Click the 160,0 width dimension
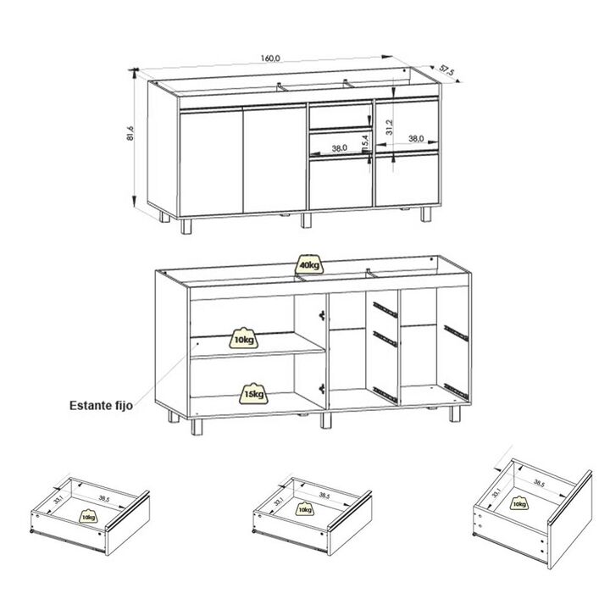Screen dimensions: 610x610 click(x=270, y=58)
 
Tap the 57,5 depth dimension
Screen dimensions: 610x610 click(x=446, y=71)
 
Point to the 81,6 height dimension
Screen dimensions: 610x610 click(x=130, y=133)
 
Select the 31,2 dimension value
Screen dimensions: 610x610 click(x=390, y=127)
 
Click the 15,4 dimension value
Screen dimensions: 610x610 click(x=364, y=143)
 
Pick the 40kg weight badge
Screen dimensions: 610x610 click(x=310, y=264)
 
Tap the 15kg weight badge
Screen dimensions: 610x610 click(x=253, y=394)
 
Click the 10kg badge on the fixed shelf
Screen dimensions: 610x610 click(x=243, y=338)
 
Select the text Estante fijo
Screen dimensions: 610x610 click(x=101, y=406)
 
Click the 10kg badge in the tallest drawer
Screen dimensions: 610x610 click(x=519, y=503)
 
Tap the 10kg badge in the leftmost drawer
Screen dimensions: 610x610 click(x=89, y=516)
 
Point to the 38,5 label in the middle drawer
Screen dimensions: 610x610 click(x=324, y=496)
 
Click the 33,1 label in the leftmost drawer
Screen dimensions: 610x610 click(x=58, y=498)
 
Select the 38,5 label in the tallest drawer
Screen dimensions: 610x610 click(x=539, y=483)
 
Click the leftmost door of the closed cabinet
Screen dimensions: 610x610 click(x=210, y=162)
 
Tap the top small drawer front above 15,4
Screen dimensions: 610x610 click(x=341, y=116)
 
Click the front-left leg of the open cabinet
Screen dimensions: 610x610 click(x=197, y=427)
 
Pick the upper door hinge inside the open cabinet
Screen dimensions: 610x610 click(x=322, y=315)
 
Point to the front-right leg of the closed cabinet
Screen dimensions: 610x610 click(x=426, y=214)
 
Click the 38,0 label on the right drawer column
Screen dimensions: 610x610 click(x=416, y=138)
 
